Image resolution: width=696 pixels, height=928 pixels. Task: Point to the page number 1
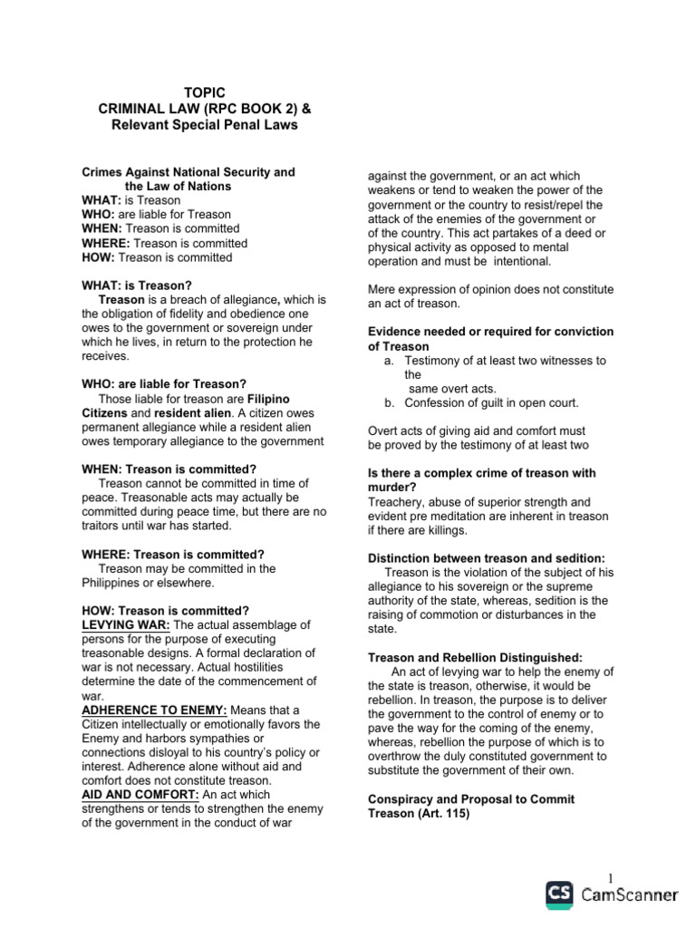pos(612,877)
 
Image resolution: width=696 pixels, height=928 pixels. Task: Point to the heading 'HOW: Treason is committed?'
pos(165,611)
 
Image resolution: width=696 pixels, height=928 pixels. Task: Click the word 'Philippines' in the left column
pos(113,583)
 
